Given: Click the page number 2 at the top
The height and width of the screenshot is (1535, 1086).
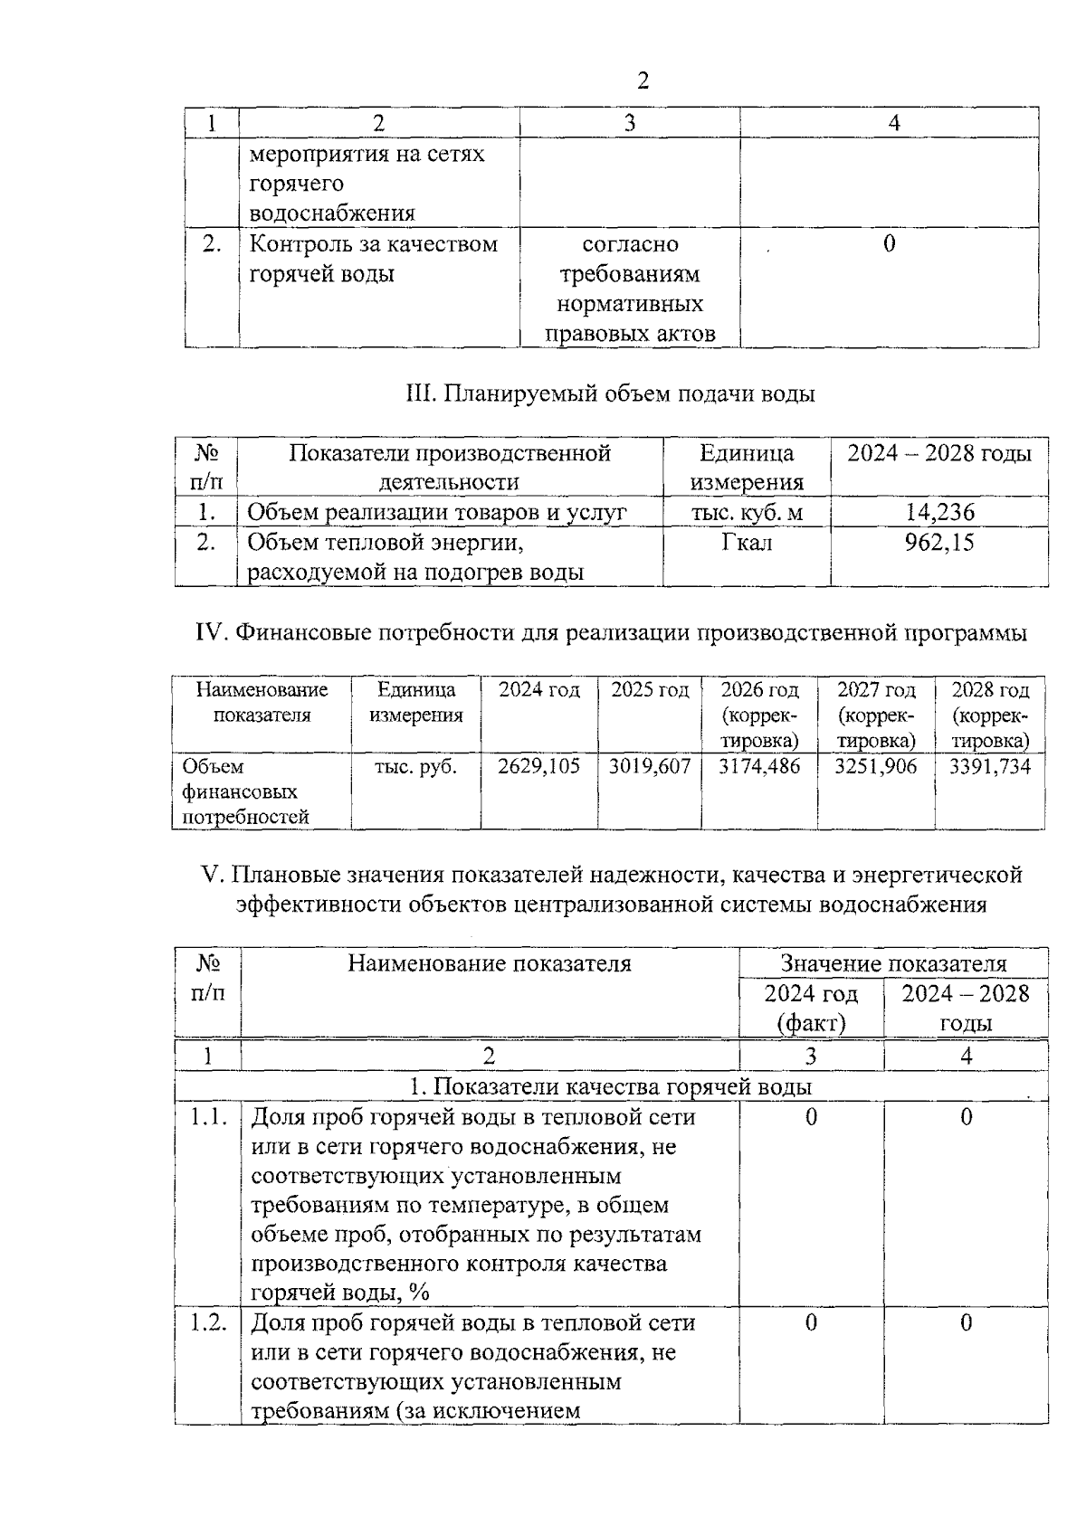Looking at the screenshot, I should tap(643, 81).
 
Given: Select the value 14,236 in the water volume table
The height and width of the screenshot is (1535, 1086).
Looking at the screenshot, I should tap(940, 513).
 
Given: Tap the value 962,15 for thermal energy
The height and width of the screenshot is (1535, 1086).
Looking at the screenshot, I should tap(940, 543).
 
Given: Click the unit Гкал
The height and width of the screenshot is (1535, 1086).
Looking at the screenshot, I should tap(747, 543).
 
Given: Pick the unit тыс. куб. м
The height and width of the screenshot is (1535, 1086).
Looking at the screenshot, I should tap(747, 513).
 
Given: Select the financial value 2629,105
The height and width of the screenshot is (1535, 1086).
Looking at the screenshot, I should tap(539, 767).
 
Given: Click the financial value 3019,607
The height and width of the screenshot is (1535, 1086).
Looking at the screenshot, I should tap(650, 767).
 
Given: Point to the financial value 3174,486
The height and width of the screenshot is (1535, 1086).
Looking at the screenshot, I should tap(759, 767).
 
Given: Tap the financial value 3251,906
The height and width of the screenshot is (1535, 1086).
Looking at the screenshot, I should tap(875, 767).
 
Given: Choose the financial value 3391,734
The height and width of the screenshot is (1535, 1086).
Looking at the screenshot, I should tap(990, 767).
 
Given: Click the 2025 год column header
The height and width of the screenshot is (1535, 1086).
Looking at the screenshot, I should tap(650, 690).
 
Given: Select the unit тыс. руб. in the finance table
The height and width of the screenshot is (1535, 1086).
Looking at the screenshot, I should tap(416, 767).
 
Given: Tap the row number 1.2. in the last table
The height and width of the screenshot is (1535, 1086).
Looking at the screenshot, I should tap(208, 1322).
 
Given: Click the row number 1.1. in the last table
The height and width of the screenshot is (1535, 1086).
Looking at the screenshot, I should tap(208, 1117).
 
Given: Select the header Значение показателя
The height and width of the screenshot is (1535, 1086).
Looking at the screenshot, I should tap(893, 963).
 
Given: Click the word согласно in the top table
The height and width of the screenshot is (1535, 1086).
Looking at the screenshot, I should tap(630, 244).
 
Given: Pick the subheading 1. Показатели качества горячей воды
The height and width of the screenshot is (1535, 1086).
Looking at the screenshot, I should tap(611, 1086).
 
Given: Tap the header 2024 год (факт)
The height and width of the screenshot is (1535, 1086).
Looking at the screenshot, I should tap(811, 1008).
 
